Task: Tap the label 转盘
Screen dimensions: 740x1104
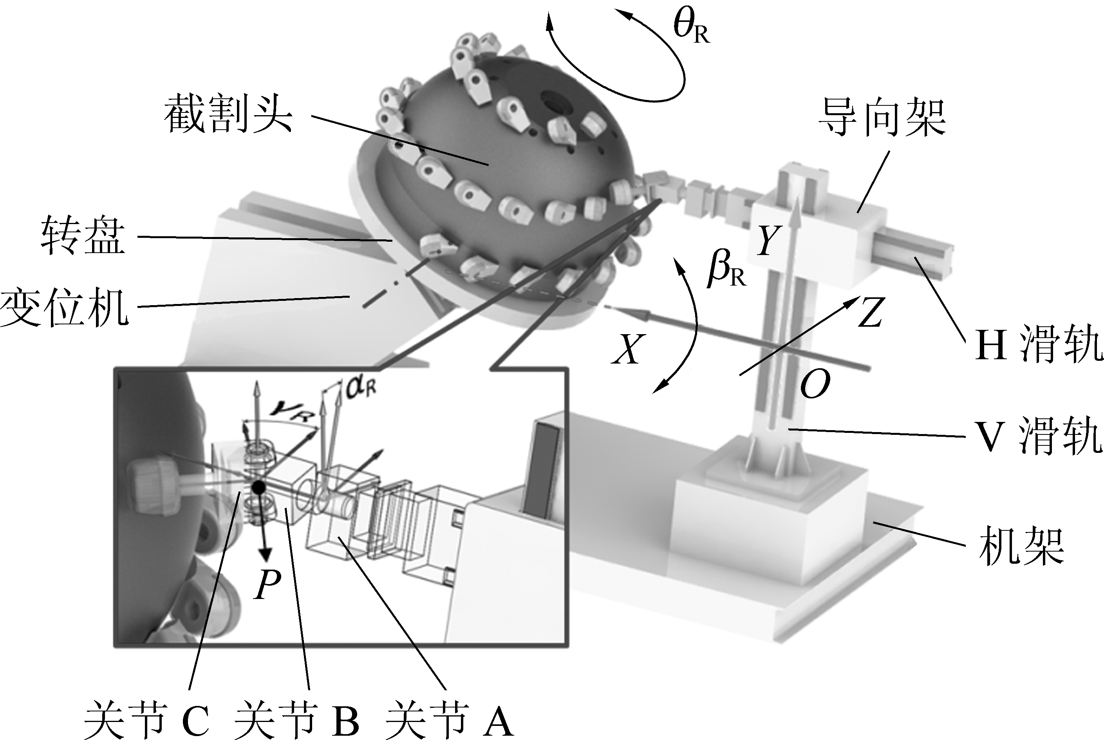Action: (x=83, y=236)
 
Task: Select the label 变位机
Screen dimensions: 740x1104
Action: (x=64, y=307)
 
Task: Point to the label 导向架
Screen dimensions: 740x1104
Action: (x=882, y=118)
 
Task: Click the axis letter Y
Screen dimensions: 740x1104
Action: (x=768, y=240)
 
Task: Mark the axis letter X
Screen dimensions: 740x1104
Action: (x=628, y=349)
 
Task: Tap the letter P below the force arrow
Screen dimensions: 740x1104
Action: (x=267, y=584)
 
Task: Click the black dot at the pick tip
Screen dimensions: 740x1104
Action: (x=258, y=487)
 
